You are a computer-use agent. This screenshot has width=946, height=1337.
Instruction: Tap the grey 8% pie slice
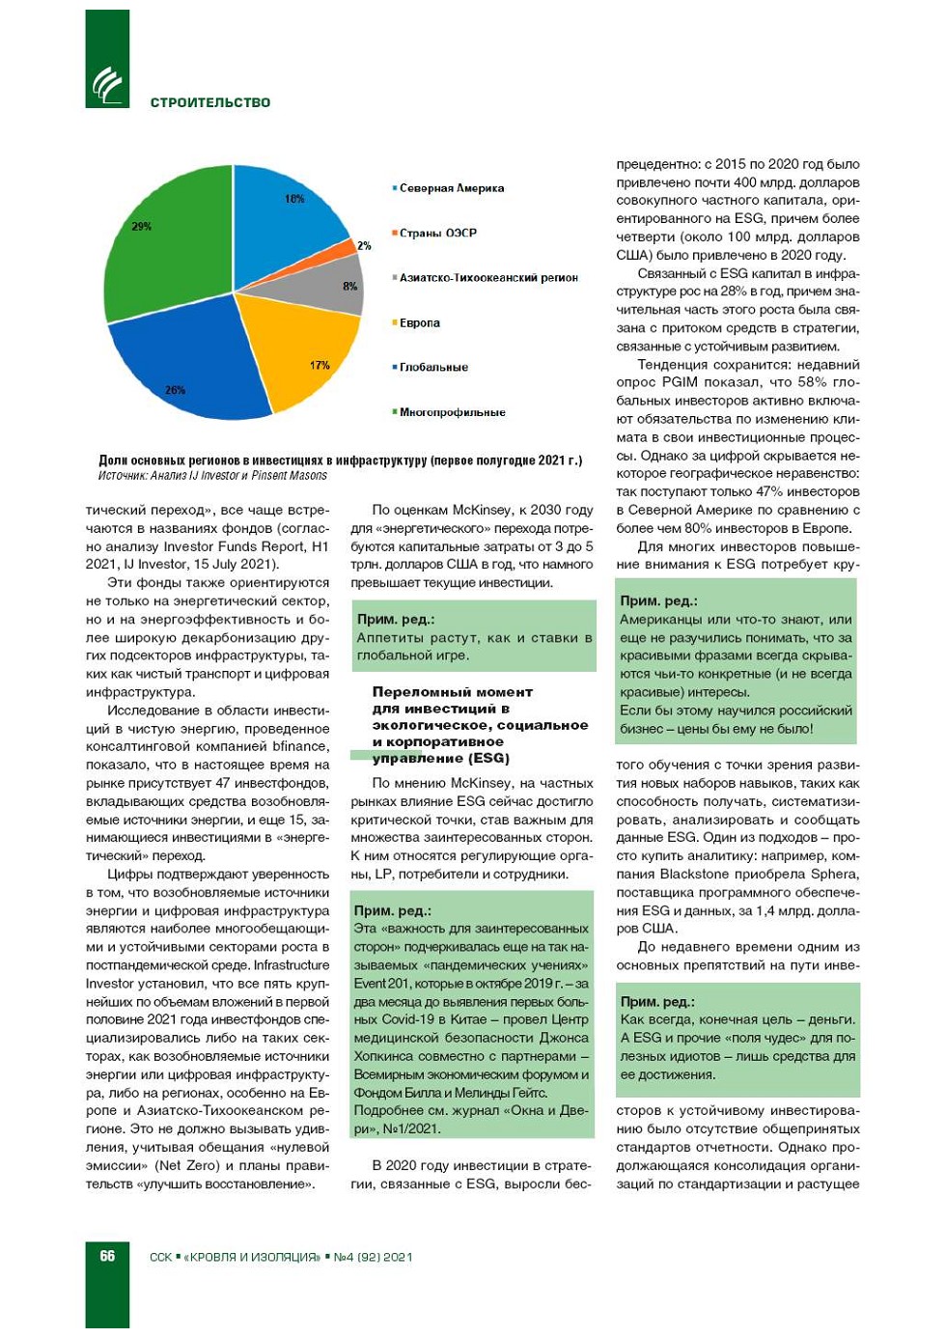click(333, 283)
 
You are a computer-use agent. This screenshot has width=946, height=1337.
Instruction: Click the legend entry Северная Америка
click(451, 188)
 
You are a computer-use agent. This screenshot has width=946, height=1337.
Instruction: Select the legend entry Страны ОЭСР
click(437, 233)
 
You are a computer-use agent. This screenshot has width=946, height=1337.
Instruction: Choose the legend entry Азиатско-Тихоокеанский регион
click(487, 278)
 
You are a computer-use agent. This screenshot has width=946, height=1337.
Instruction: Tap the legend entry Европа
click(419, 322)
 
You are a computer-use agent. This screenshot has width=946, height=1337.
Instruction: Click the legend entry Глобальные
click(433, 367)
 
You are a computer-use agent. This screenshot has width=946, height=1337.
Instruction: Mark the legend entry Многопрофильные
click(452, 412)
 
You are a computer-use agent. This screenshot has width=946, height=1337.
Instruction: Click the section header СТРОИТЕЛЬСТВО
click(210, 102)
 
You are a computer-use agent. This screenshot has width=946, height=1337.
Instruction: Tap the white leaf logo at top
click(107, 85)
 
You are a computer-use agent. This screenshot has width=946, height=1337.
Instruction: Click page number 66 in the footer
click(107, 1256)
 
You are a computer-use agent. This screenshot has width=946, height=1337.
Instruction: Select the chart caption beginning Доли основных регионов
click(340, 460)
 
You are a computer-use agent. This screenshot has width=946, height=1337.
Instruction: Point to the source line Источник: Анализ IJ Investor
click(212, 476)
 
